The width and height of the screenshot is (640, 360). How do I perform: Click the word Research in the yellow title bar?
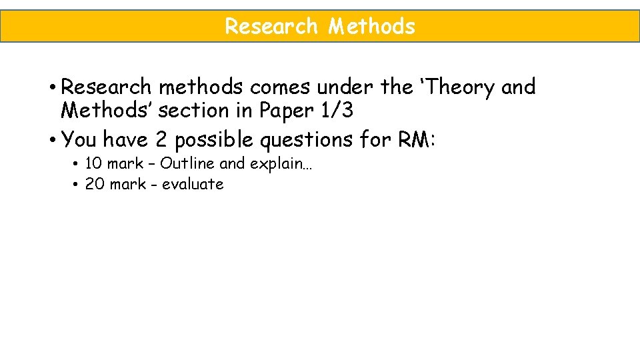click(271, 27)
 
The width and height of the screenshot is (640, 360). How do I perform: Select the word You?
click(79, 139)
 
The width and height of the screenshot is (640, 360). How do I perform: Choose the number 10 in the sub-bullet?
click(93, 163)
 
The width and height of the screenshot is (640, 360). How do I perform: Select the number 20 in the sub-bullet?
click(95, 184)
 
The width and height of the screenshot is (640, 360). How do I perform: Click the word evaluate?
click(193, 184)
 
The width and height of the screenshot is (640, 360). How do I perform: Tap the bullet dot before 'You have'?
click(51, 139)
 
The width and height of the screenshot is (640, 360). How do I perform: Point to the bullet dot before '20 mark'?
click(77, 184)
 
